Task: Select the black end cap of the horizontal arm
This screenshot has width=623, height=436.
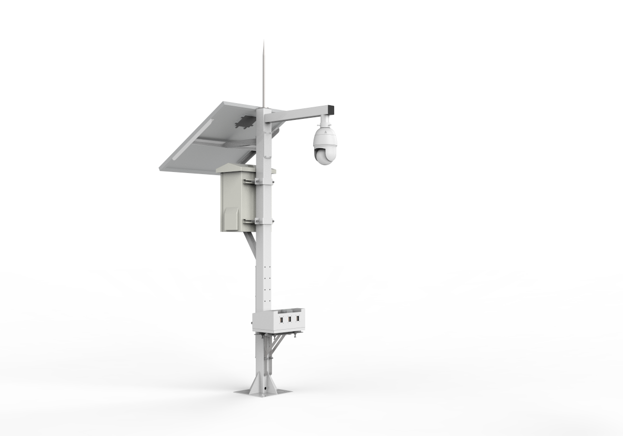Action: (331, 109)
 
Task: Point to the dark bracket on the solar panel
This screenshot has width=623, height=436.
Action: (245, 122)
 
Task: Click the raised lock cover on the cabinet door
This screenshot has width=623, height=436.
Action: (232, 216)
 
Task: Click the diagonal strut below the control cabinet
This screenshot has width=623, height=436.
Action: (250, 244)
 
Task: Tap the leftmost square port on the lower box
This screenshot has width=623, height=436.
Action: (282, 319)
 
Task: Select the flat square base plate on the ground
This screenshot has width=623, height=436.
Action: (263, 392)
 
